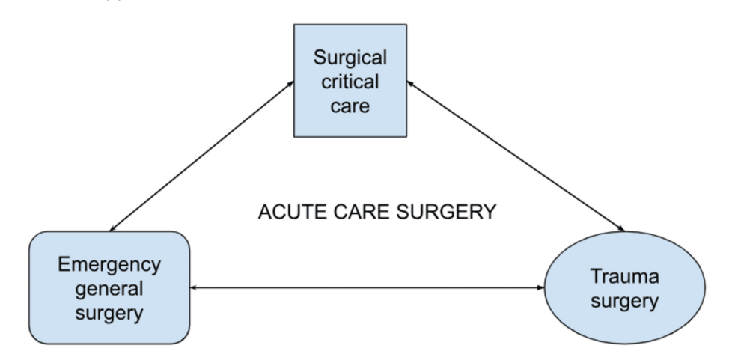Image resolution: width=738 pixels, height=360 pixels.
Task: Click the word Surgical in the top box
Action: [349, 58]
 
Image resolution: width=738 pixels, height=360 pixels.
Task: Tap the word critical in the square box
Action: [349, 82]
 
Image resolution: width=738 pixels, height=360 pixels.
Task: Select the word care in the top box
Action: [349, 106]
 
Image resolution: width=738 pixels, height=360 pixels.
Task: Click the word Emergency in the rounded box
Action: [109, 264]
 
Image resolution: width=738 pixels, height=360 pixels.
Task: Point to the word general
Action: [109, 288]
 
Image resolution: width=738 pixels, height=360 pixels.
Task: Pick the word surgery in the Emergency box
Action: [109, 312]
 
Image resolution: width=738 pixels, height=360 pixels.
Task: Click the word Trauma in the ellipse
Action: [624, 277]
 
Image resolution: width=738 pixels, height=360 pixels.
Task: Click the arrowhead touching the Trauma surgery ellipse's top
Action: [623, 228]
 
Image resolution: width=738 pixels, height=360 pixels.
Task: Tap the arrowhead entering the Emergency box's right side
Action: [193, 287]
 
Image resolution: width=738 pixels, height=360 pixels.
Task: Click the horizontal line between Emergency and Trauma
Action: [367, 287]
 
